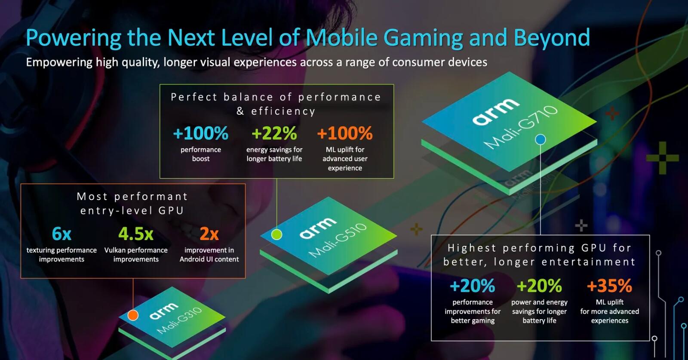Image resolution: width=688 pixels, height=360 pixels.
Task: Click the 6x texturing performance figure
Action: (61, 234)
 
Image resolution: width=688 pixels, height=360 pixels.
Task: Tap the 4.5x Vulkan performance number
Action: (136, 234)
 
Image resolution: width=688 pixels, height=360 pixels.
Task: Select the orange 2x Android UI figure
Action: (209, 234)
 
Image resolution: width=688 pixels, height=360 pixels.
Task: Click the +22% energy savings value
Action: (274, 134)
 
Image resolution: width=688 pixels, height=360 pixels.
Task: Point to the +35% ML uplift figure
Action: (609, 286)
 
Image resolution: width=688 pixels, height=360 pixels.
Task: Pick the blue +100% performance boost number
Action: (200, 134)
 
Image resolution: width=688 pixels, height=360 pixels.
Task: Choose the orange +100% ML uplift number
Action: (344, 134)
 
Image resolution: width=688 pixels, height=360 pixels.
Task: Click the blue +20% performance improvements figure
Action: (472, 286)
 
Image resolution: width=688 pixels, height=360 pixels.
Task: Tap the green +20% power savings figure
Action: (539, 286)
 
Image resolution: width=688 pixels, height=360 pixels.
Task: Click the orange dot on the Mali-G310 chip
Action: (133, 315)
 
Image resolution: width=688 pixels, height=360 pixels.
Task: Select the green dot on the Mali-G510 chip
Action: (277, 234)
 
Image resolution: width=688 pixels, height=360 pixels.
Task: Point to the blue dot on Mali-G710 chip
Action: (541, 139)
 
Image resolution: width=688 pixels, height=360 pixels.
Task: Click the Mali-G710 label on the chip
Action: (521, 126)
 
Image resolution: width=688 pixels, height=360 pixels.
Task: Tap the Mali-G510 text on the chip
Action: (338, 240)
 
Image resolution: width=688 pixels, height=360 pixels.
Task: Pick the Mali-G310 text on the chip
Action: (179, 321)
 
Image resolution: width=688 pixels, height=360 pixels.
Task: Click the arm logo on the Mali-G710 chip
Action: (495, 111)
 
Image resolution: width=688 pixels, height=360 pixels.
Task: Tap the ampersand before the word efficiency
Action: (240, 111)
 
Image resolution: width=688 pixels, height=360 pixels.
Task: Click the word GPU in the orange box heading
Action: (171, 211)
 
